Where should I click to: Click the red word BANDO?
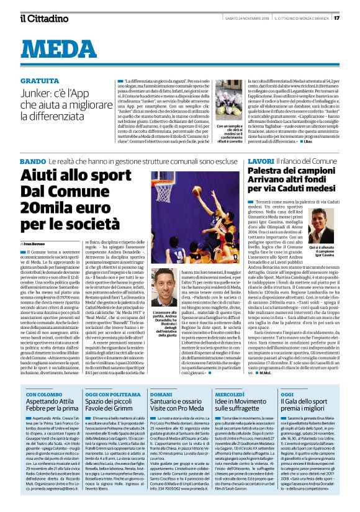[33, 161]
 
